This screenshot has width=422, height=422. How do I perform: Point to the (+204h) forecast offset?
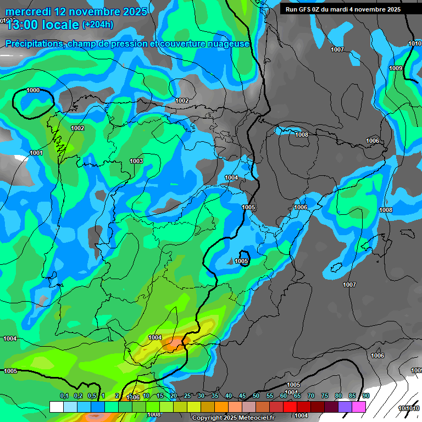pyautogui.click(x=98, y=24)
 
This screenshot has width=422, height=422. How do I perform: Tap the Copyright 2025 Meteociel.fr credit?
pyautogui.click(x=233, y=418)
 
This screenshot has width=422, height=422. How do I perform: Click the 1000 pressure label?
pyautogui.click(x=33, y=90)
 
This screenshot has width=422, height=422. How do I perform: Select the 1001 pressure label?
pyautogui.click(x=36, y=153)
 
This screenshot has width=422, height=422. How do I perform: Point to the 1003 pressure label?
pyautogui.click(x=136, y=161)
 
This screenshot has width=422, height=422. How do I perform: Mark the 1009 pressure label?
pyautogui.click(x=396, y=68)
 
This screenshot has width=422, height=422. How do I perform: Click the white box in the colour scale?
pyautogui.click(x=56, y=407)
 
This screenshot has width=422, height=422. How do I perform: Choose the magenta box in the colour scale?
pyautogui.click(x=359, y=407)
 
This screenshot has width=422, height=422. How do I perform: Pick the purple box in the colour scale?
pyautogui.click(x=345, y=407)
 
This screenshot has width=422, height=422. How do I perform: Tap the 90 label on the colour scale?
pyautogui.click(x=366, y=396)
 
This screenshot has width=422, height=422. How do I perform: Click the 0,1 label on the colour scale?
pyautogui.click(x=64, y=396)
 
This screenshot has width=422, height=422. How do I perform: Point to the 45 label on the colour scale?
pyautogui.click(x=242, y=396)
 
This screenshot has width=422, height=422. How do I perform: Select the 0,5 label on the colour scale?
pyautogui.click(x=92, y=396)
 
